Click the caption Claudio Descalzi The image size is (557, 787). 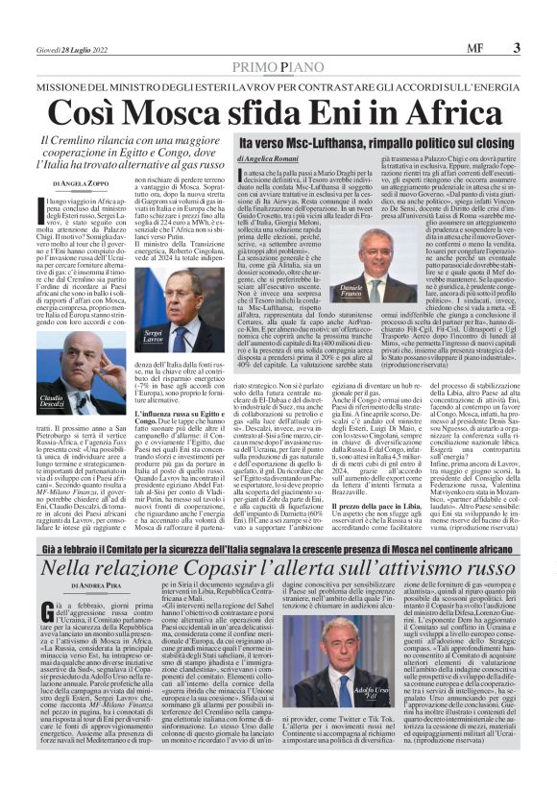[52, 402]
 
